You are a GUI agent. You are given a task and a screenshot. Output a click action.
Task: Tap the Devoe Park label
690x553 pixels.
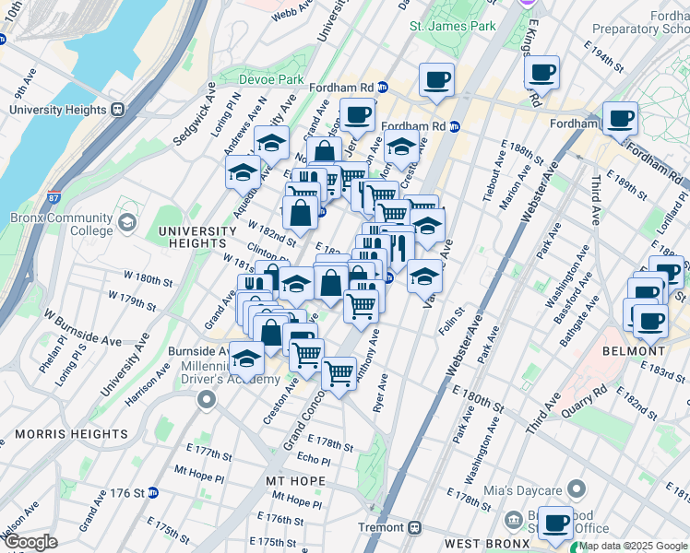pos(271,80)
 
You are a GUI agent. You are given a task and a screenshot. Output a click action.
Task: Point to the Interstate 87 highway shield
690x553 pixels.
pos(53,198)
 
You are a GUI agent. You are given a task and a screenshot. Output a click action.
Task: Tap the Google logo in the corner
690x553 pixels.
pos(31,542)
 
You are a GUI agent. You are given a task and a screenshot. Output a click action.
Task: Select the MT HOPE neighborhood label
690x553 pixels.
pos(295,481)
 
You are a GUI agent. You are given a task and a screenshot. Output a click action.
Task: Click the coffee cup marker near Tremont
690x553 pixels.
pos(556,524)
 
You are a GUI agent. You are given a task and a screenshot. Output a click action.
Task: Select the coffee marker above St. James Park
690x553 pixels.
pos(436,79)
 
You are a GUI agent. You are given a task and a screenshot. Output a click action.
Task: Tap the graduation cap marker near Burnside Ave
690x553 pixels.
pos(246,357)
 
